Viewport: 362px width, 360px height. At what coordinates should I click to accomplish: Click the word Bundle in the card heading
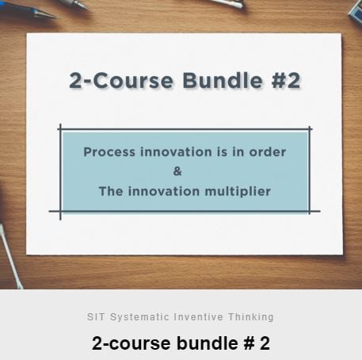[x=223, y=80]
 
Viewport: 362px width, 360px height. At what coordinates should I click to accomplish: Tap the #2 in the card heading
[x=286, y=80]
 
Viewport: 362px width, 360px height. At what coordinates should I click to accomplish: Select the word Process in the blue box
[x=109, y=152]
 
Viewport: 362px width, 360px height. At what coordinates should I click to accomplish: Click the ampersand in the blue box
[x=177, y=171]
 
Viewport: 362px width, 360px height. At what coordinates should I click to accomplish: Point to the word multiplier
[x=238, y=192]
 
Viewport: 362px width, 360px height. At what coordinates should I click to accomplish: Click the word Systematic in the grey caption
[x=139, y=316]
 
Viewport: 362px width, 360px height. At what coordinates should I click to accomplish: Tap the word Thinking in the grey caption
[x=251, y=316]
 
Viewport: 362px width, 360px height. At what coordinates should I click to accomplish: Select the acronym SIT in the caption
[x=97, y=316]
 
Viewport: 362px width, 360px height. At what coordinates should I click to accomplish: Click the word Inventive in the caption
[x=199, y=316]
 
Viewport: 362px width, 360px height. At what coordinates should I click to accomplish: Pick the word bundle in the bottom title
[x=208, y=343]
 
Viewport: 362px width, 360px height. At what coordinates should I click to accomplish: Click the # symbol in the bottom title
[x=249, y=343]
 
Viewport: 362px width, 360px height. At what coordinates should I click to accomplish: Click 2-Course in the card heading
[x=121, y=80]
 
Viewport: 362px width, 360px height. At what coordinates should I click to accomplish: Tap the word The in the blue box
[x=111, y=191]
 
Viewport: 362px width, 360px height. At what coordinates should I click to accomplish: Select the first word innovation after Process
[x=176, y=152]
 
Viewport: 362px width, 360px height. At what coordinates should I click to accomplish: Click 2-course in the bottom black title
[x=131, y=343]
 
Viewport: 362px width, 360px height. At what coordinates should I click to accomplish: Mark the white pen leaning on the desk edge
[x=10, y=256]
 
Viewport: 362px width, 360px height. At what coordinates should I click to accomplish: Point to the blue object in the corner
[x=356, y=12]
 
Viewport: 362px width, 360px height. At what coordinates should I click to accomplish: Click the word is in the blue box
[x=222, y=152]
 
